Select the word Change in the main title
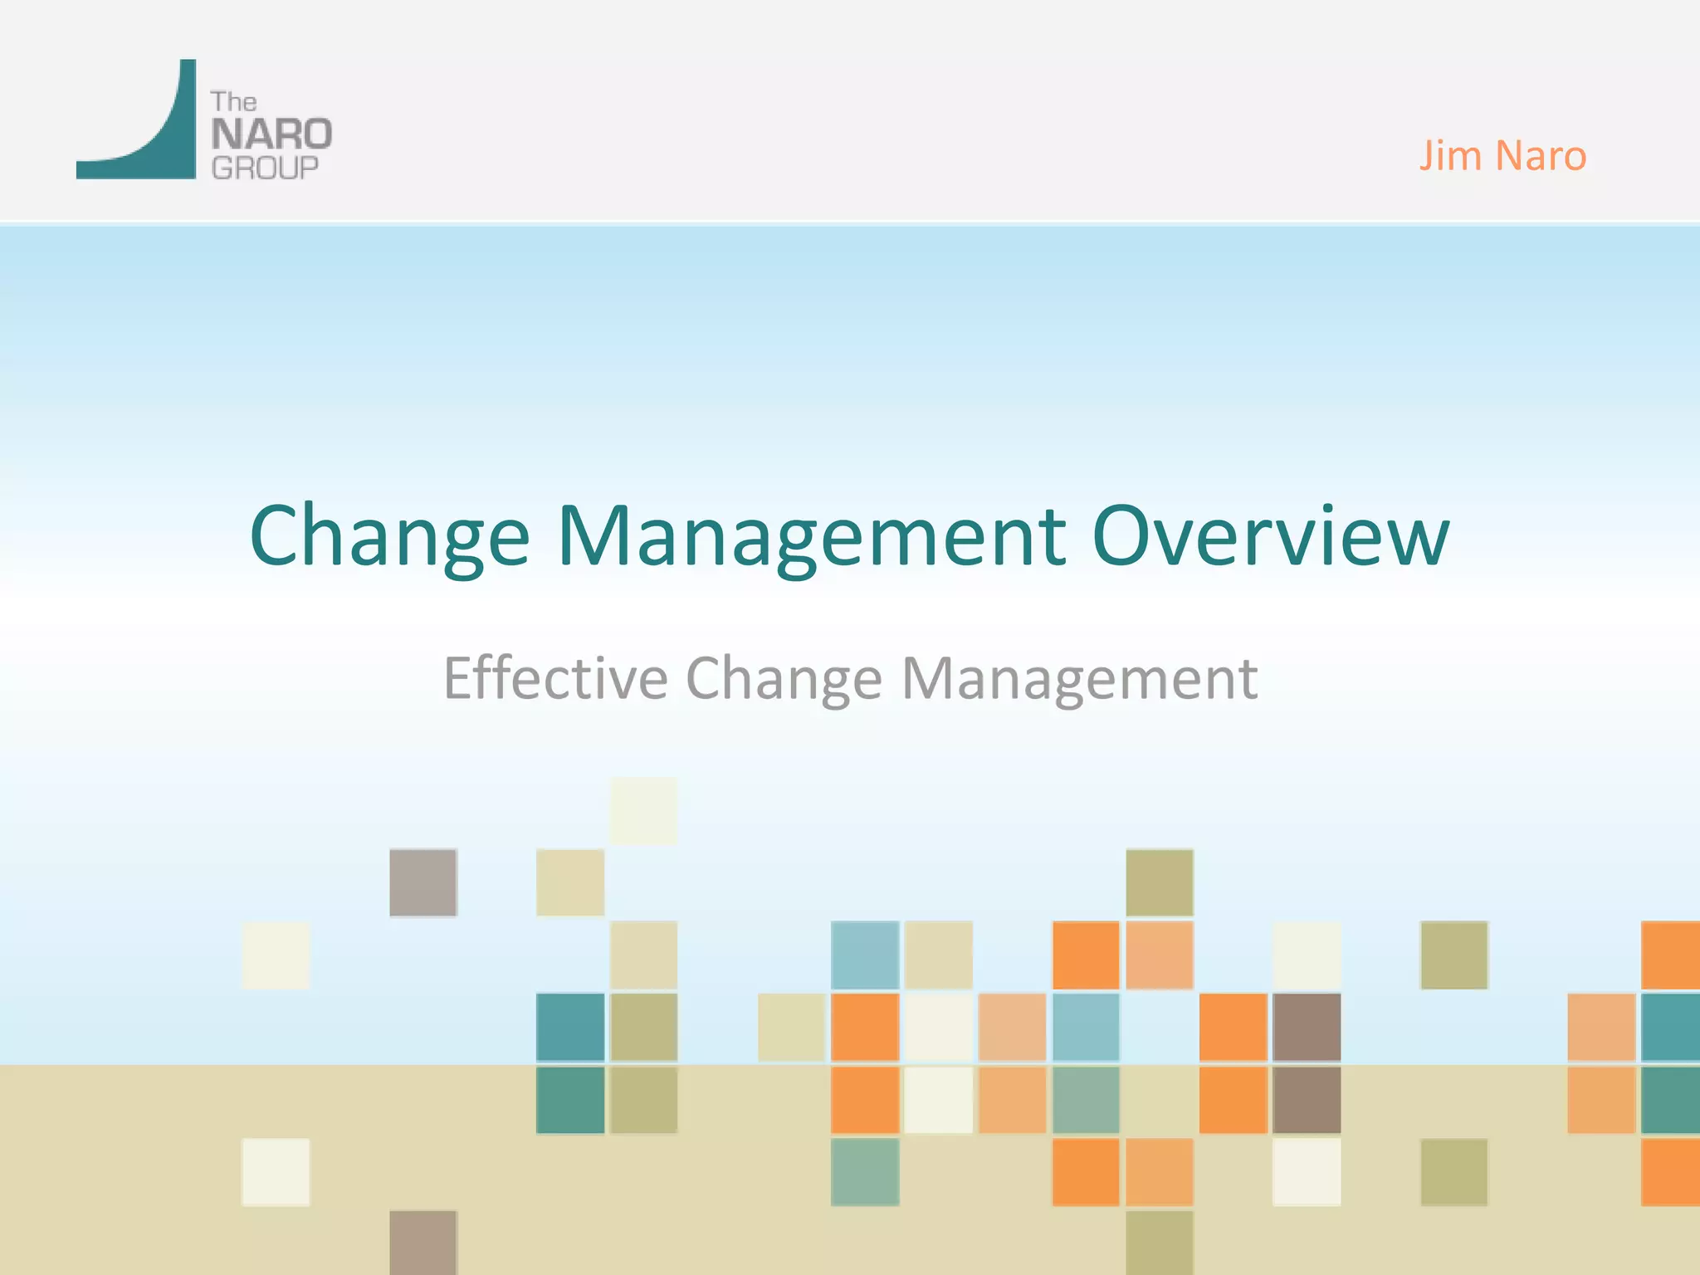[x=388, y=538]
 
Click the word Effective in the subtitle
[x=555, y=678]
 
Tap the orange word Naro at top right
[x=1541, y=156]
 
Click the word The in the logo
[x=233, y=102]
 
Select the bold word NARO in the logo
[x=271, y=134]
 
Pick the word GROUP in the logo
[x=265, y=168]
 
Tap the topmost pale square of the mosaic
[x=643, y=811]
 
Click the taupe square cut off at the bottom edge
[x=423, y=1242]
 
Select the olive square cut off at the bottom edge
[x=1160, y=1242]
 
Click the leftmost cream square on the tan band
[x=276, y=1172]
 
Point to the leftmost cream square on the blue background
[x=276, y=955]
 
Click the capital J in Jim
[x=1426, y=156]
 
